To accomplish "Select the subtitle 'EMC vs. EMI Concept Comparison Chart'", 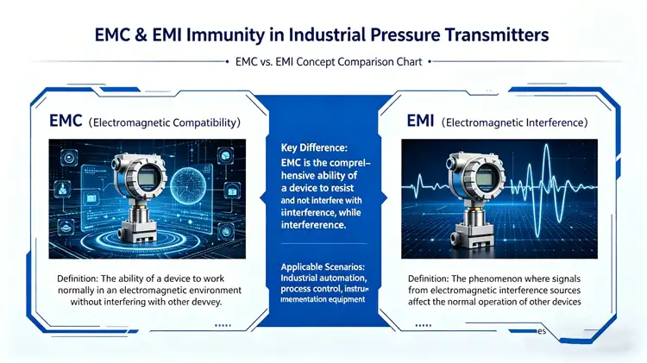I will (x=323, y=61).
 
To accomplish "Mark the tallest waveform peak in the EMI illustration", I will (x=532, y=164).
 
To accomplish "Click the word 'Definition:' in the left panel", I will (x=83, y=279).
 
